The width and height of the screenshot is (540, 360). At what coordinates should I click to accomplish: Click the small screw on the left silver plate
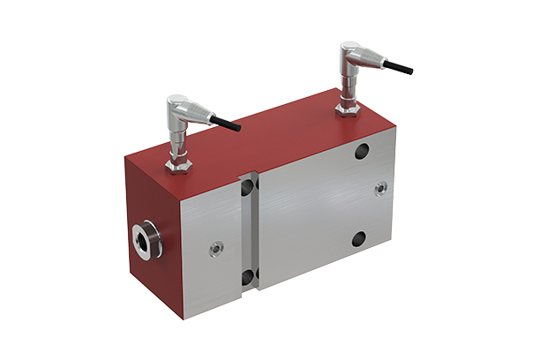tap(215, 249)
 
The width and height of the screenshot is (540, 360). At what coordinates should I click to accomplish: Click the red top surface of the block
tap(265, 141)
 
